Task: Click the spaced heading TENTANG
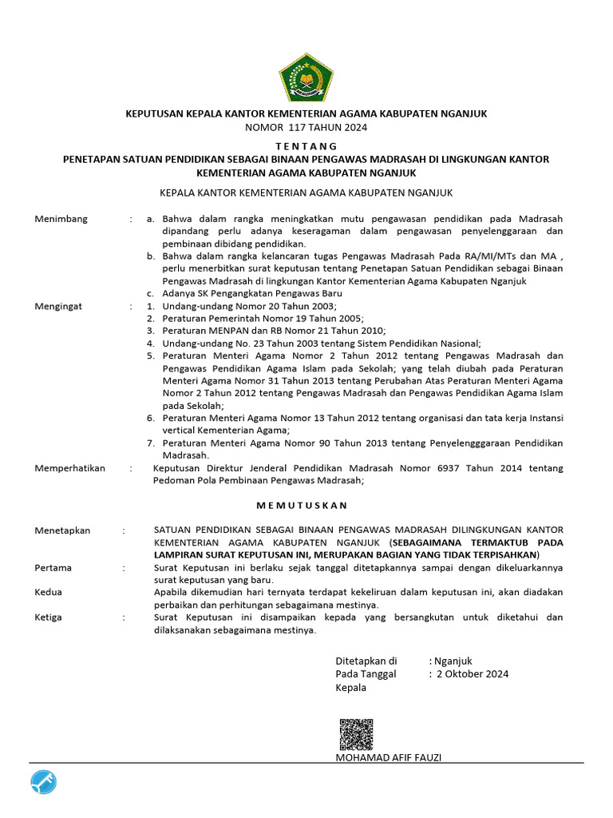point(306,146)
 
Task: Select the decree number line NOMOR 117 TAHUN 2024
point(306,127)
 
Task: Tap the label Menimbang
point(61,219)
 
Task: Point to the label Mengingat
point(61,306)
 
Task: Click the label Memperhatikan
point(70,468)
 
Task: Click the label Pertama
point(53,568)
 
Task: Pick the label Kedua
point(49,593)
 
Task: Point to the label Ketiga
point(49,617)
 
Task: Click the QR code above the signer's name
point(356,734)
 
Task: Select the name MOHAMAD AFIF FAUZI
point(389,756)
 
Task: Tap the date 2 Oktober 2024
point(472,673)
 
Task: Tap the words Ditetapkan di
point(366,661)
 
